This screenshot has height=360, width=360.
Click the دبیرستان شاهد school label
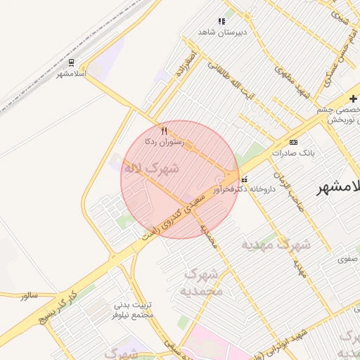tap(221, 32)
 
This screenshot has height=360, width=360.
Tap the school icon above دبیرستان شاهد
tap(221, 22)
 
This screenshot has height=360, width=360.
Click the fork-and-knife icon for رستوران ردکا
tap(164, 131)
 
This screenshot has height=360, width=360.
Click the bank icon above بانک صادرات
tap(293, 142)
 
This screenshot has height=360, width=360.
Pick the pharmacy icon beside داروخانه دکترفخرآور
tap(244, 179)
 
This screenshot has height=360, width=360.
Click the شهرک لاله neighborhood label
tap(151, 169)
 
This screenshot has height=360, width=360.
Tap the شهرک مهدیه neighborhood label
tap(276, 245)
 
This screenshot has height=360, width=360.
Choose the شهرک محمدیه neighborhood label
tap(203, 281)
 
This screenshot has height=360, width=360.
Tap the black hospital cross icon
tap(353, 98)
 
